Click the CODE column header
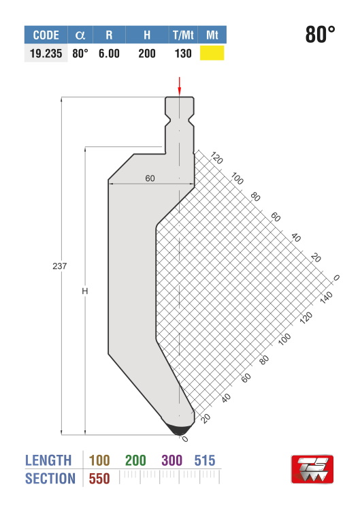46,35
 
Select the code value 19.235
46,53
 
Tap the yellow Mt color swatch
212,53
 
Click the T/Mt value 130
183,53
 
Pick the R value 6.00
109,53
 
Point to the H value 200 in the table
147,53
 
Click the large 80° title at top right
320,34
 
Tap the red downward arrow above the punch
179,87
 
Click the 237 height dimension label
59,266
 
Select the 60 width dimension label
150,178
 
